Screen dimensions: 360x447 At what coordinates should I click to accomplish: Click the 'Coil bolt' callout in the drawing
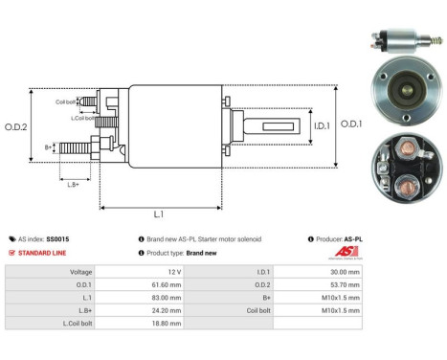[x=65, y=101]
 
